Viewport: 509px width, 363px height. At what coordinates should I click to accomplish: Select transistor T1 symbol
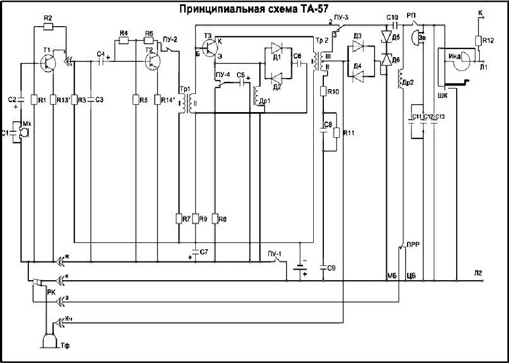tap(47, 63)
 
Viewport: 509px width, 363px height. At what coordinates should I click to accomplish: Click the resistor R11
tap(335, 132)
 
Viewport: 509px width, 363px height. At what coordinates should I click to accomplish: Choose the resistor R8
tap(214, 219)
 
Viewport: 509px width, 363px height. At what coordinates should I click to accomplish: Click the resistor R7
tap(178, 219)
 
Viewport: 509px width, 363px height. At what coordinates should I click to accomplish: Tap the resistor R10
tap(323, 92)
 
